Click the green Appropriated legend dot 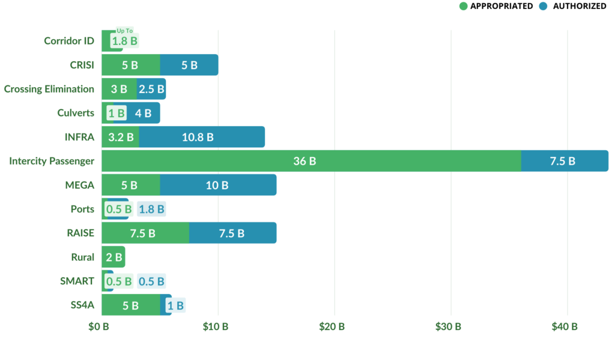pos(463,6)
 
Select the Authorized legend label pos(579,6)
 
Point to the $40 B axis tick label pos(565,327)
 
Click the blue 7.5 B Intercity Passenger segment pos(563,161)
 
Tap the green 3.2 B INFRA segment pos(120,137)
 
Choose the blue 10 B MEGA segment pos(217,185)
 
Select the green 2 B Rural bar pos(113,257)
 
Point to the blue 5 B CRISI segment pos(189,65)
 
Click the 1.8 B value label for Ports pos(151,209)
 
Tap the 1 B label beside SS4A pos(176,305)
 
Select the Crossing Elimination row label pos(49,89)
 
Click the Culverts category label pos(76,113)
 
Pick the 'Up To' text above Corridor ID pos(125,31)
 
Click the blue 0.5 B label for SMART pos(151,281)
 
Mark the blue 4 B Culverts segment pos(143,113)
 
